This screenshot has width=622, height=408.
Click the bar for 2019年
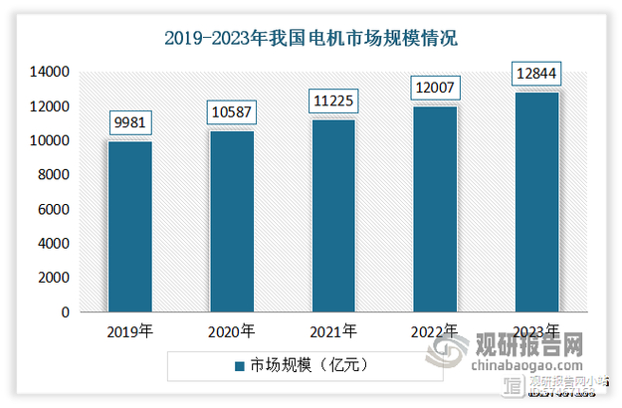point(130,226)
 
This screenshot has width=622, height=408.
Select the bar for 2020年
point(232,221)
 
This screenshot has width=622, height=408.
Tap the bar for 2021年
point(333,215)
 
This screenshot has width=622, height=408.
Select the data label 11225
point(333,102)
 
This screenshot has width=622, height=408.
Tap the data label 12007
point(435,89)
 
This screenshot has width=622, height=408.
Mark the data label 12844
point(536,75)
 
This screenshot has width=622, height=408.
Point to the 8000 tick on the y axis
point(53,175)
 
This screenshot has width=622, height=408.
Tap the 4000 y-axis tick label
point(53,244)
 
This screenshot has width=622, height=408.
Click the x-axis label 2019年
point(130,331)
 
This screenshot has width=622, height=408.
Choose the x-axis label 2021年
point(333,331)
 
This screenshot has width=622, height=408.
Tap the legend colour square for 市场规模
point(239,366)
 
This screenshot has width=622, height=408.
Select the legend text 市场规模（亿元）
point(310,366)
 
